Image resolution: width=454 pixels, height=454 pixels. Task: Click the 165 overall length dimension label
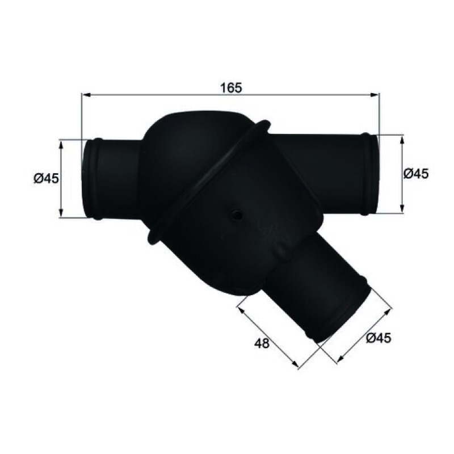[231, 88]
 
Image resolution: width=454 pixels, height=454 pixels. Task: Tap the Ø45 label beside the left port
[46, 178]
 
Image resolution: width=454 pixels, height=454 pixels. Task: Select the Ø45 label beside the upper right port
[416, 174]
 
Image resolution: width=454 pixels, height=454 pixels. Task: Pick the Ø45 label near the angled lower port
[379, 338]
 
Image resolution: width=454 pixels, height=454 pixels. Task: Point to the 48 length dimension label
[262, 343]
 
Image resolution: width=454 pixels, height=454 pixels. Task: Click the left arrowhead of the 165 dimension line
[86, 95]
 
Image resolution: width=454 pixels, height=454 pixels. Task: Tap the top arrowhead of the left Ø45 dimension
[61, 144]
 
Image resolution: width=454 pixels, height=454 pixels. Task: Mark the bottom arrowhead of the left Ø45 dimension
[61, 213]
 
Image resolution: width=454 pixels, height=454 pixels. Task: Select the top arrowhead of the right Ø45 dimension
[402, 140]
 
